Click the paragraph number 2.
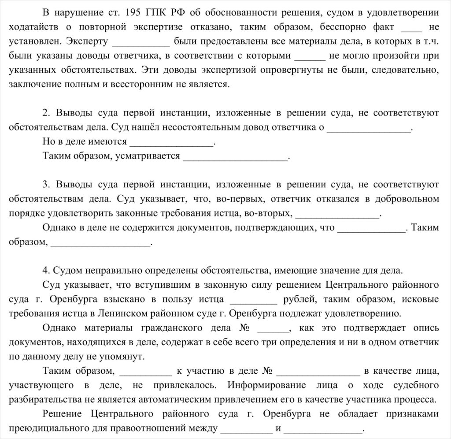tap(45, 113)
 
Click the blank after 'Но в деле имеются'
tap(172, 142)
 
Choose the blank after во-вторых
tap(336, 214)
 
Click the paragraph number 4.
tap(45, 269)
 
